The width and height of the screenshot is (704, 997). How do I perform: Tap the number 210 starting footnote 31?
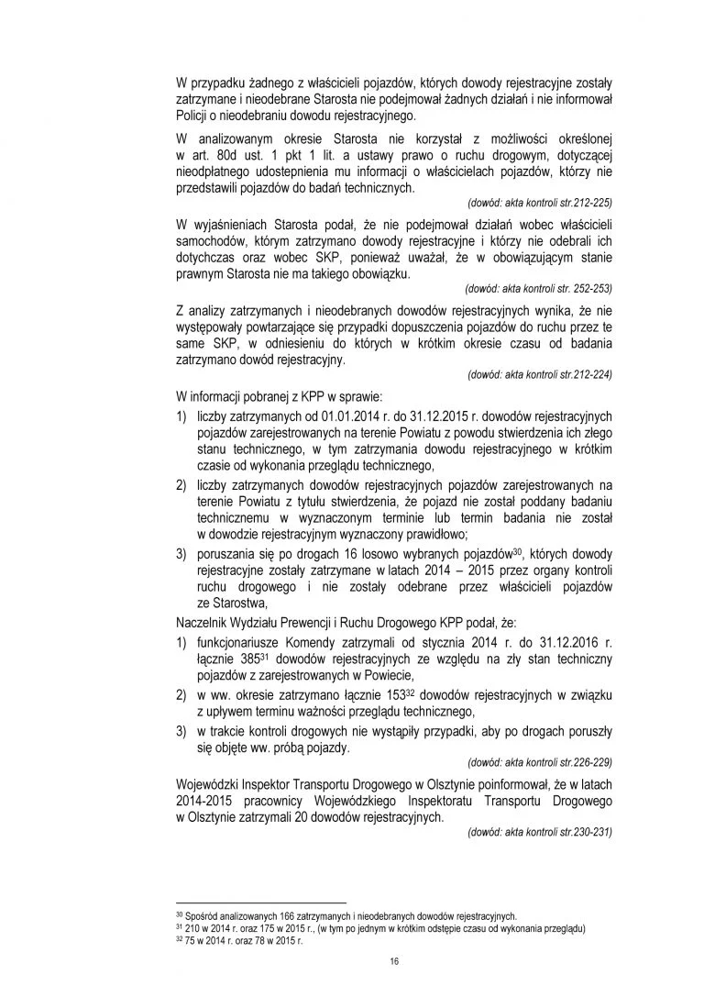click(x=191, y=927)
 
